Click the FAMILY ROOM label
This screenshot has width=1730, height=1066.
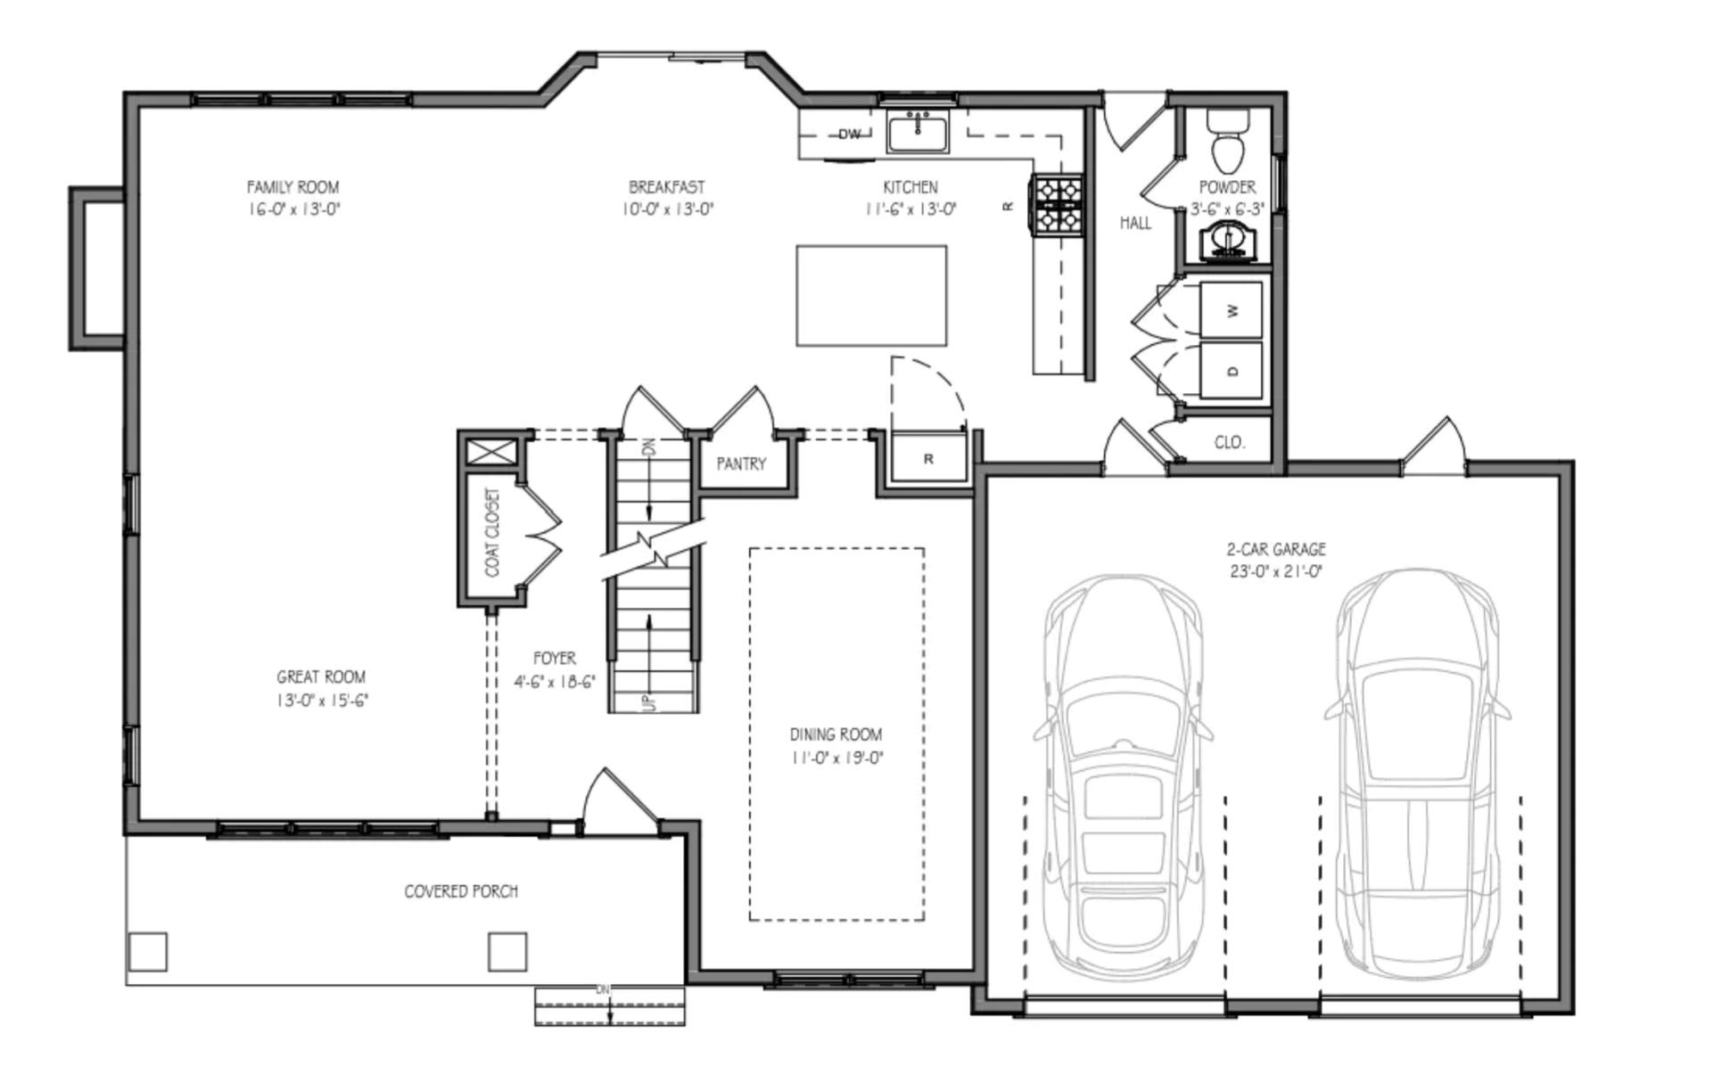292,187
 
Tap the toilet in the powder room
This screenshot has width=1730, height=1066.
1228,146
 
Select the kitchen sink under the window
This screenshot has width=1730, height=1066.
919,134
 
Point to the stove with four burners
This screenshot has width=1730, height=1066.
1058,205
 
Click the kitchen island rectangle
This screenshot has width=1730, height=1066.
871,296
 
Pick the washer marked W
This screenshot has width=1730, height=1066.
1232,310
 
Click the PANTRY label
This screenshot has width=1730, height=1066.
741,463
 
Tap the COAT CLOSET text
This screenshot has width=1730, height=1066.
492,532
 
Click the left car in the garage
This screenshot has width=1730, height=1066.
1124,775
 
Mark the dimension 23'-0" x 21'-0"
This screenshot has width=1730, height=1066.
1276,571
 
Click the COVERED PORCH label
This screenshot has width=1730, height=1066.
461,891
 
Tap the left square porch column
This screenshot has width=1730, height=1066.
147,951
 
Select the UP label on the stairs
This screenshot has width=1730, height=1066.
649,702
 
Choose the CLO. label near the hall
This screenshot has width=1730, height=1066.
1230,442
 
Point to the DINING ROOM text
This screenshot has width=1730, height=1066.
836,734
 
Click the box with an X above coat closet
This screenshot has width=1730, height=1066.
490,451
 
